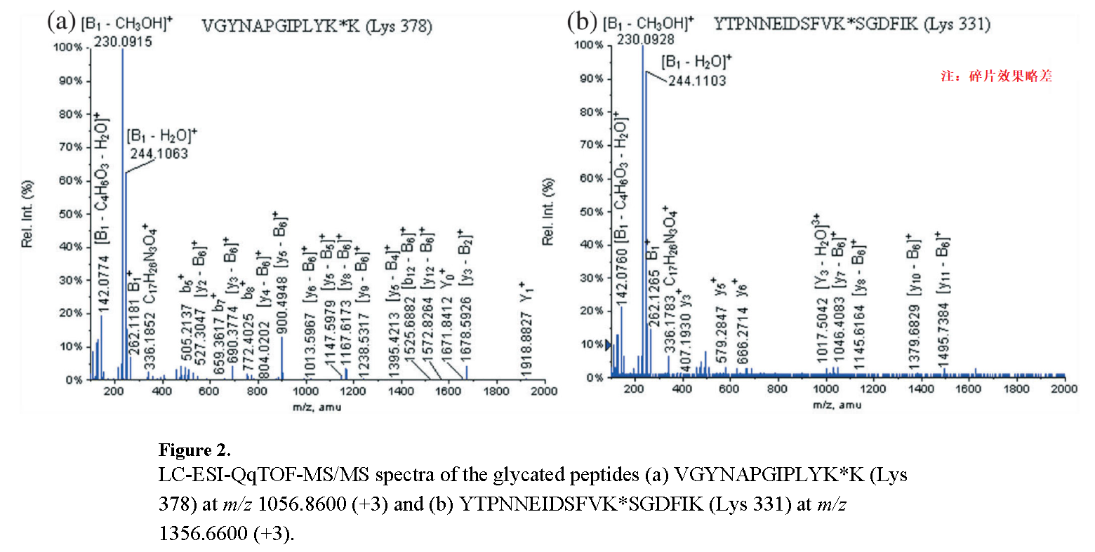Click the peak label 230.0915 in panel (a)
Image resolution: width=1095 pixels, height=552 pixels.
point(123,42)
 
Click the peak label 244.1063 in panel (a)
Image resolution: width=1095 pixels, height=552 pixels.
point(159,154)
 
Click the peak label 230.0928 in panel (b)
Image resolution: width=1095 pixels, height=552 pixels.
point(646,40)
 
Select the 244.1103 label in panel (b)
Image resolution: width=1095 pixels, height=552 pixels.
point(697,81)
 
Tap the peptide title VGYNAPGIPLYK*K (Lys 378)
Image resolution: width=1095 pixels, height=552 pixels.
point(317,27)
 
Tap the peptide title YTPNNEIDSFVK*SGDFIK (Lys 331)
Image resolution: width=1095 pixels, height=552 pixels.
point(851,25)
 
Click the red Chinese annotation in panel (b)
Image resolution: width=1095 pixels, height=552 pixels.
point(997,76)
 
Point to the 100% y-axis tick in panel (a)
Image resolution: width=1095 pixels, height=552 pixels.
point(68,48)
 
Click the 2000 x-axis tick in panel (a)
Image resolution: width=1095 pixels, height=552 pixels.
point(544,391)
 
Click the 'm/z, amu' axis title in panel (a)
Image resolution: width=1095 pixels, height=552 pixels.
point(317,407)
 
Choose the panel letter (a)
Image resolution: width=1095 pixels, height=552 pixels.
point(61,21)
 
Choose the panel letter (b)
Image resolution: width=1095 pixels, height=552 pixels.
point(582,21)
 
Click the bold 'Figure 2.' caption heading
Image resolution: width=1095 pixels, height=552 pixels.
point(194,450)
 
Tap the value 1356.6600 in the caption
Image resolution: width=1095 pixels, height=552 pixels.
point(200,534)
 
